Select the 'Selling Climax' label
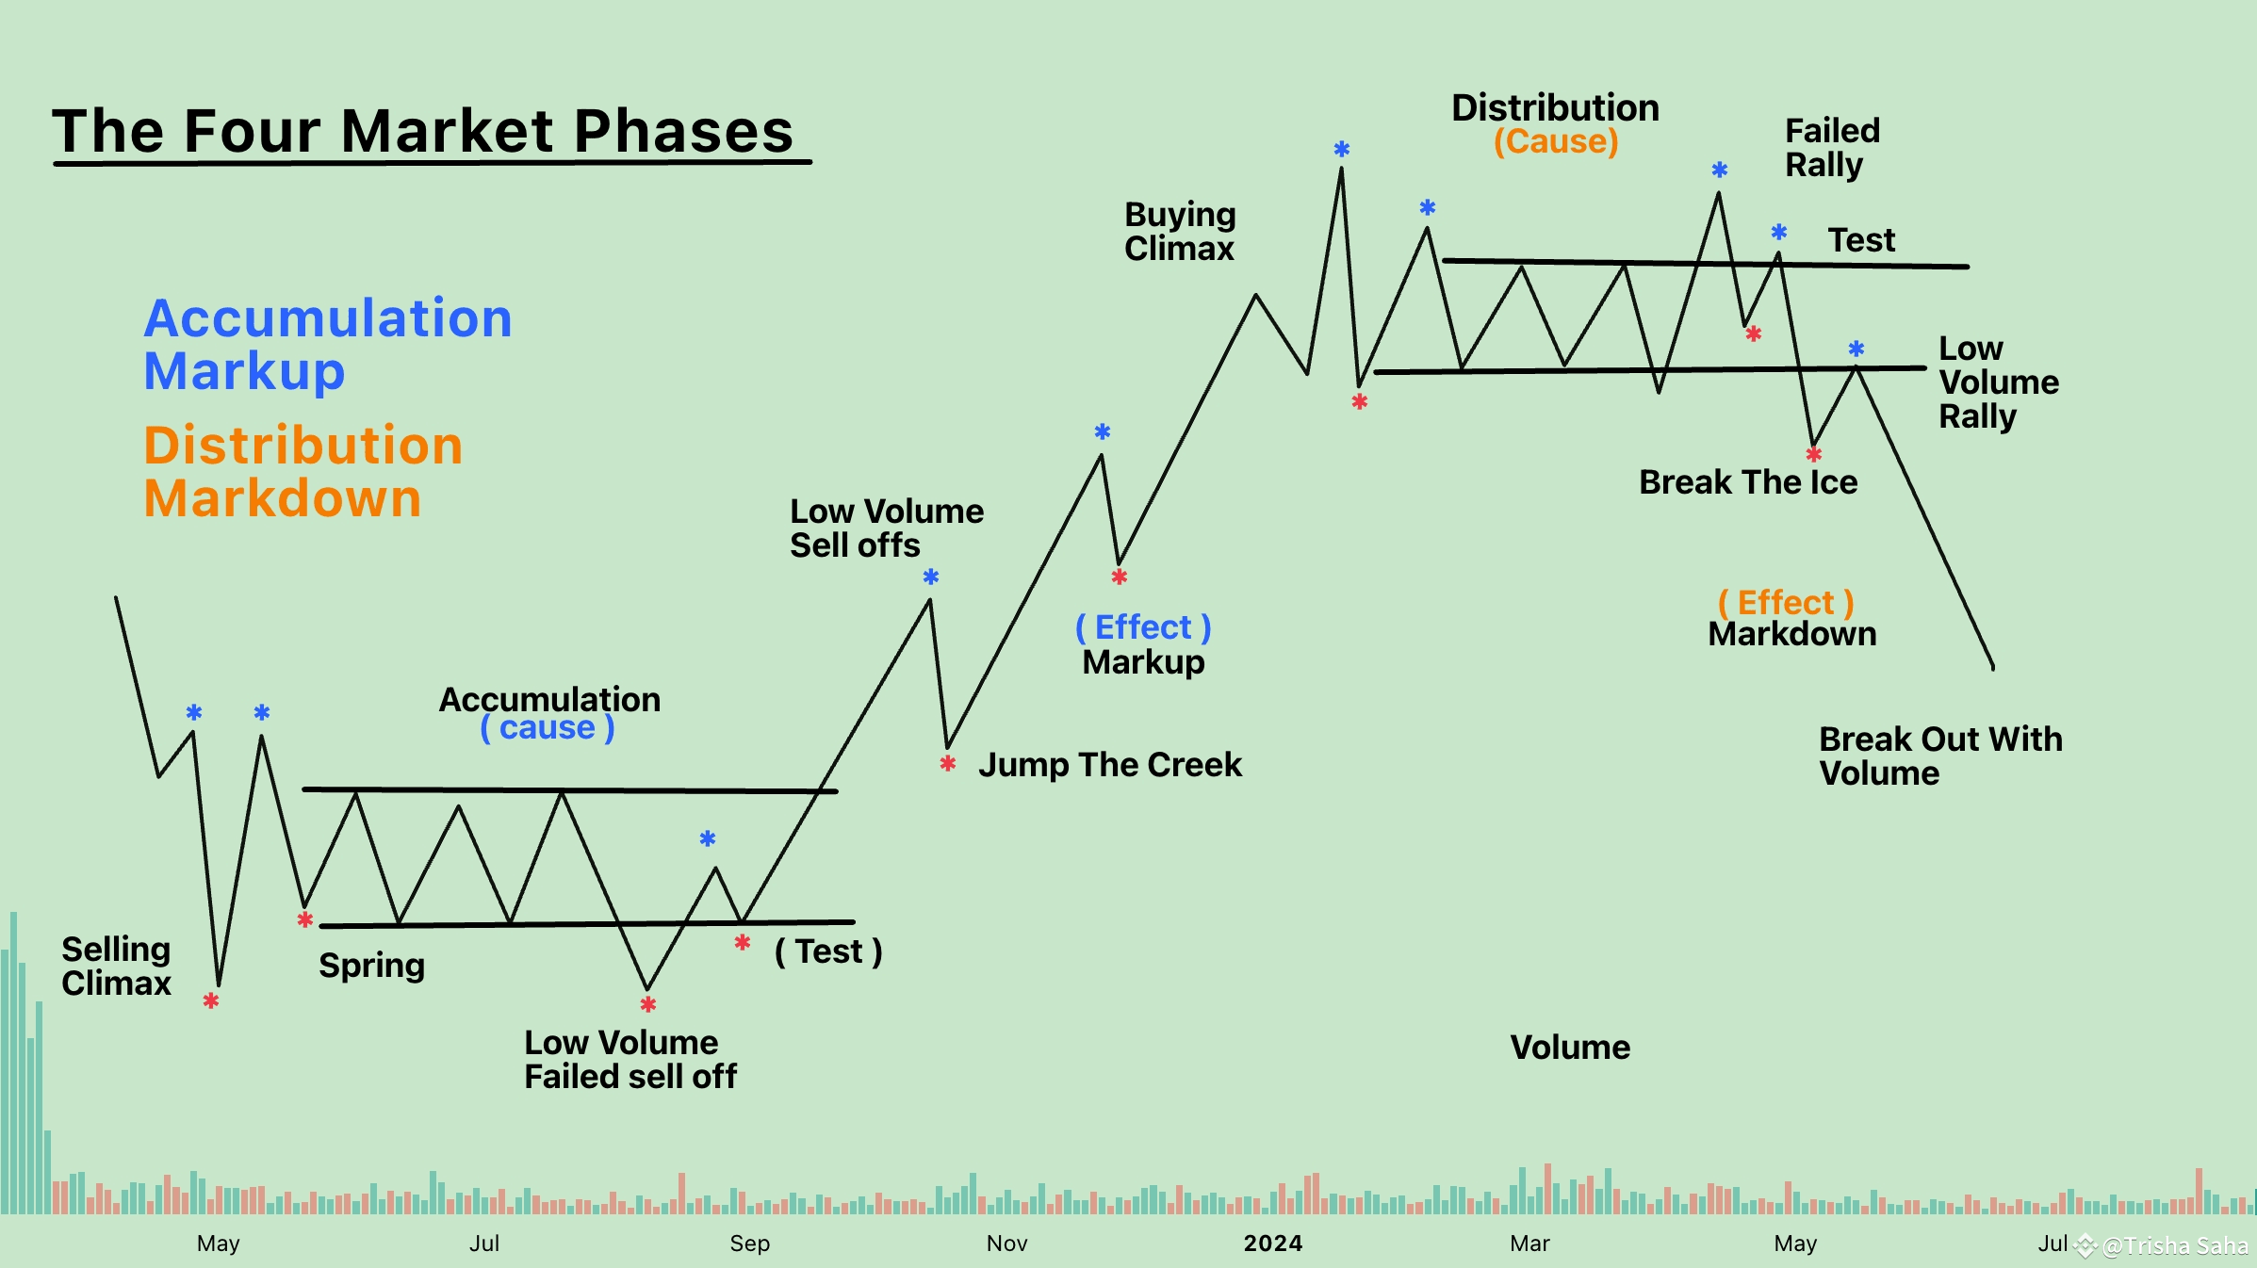[x=116, y=966]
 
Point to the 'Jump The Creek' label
[x=1110, y=765]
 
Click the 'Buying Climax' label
[x=1180, y=232]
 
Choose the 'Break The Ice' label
[x=1748, y=482]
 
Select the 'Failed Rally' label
[x=1832, y=148]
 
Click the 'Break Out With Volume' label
[x=1940, y=756]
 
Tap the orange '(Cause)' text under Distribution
[x=1556, y=141]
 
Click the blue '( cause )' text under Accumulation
[x=548, y=728]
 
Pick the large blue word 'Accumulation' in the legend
[x=328, y=317]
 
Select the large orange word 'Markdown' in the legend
[x=282, y=497]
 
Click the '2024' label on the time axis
[x=1273, y=1244]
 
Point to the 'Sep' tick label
[x=750, y=1244]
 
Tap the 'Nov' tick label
[x=1006, y=1244]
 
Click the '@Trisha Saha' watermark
[x=2175, y=1246]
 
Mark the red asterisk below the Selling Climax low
[x=211, y=1000]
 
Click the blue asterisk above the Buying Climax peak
[x=1342, y=149]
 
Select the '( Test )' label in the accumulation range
[x=828, y=951]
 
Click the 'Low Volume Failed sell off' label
[x=630, y=1060]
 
